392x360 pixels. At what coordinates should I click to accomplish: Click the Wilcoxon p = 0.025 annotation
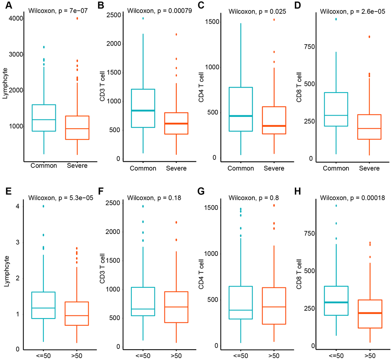click(252, 12)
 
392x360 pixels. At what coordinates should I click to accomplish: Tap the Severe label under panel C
click(274, 168)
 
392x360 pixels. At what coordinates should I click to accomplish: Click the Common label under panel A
click(44, 166)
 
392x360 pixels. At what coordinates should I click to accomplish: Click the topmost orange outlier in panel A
click(77, 18)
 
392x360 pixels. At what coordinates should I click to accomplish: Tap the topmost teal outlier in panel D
click(336, 19)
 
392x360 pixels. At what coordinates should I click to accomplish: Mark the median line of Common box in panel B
click(143, 111)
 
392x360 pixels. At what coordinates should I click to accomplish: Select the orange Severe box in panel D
click(369, 127)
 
